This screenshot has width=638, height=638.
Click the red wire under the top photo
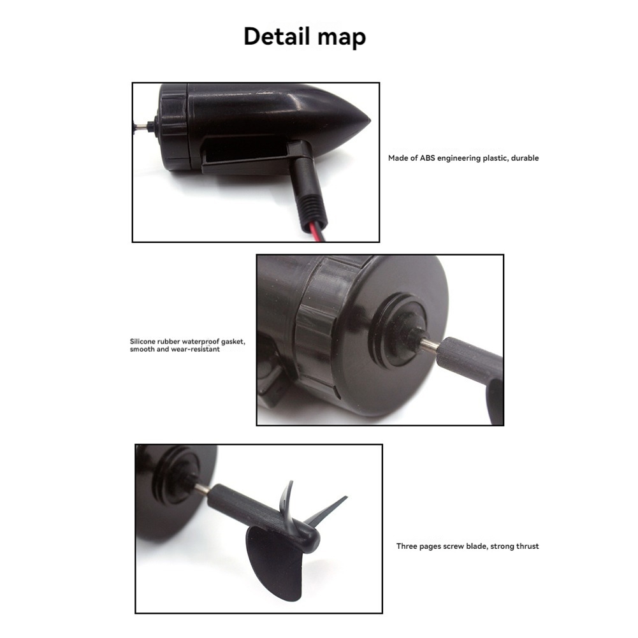click(x=318, y=234)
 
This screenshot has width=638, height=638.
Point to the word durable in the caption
click(x=525, y=158)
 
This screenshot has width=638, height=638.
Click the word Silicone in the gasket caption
click(x=144, y=341)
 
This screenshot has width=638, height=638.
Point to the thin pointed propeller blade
click(x=330, y=510)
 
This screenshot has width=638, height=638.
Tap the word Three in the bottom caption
click(x=407, y=546)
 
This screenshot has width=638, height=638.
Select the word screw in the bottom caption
click(x=454, y=546)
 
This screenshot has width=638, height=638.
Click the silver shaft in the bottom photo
click(x=201, y=489)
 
